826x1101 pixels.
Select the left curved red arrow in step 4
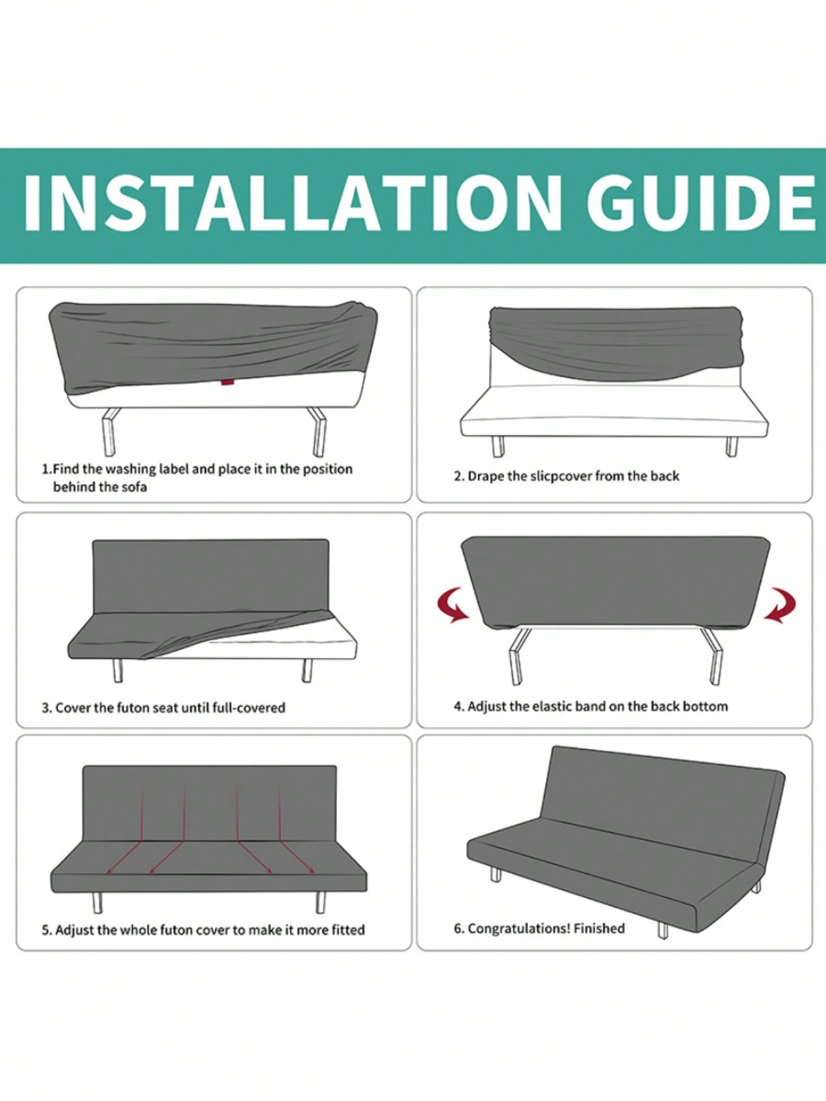coord(453,605)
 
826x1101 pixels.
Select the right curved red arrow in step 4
coord(780,605)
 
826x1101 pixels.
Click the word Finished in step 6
coord(599,928)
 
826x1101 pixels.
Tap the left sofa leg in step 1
coord(110,431)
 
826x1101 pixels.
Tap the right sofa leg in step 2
coord(732,447)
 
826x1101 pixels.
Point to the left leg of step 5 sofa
coord(97,902)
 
